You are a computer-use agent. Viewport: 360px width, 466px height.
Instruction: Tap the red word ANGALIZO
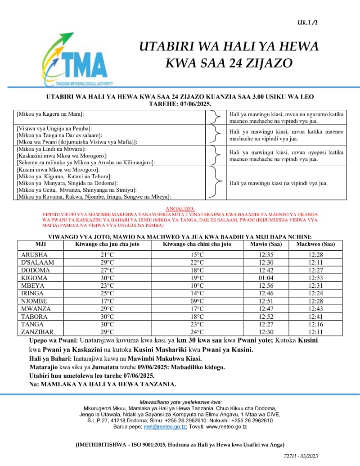click(x=180, y=209)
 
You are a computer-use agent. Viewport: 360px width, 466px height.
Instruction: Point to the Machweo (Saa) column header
click(x=315, y=244)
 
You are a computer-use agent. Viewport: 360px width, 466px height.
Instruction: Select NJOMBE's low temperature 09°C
click(x=197, y=301)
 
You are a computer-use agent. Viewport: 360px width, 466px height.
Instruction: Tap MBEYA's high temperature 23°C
click(x=107, y=285)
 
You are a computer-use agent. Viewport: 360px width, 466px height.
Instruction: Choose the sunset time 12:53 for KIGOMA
click(x=315, y=278)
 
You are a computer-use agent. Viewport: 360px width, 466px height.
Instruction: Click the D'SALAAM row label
click(x=38, y=262)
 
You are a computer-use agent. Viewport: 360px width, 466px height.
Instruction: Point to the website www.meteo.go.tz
click(x=226, y=426)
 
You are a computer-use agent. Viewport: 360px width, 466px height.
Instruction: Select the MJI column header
click(x=40, y=244)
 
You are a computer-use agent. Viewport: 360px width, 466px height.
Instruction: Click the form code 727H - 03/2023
click(x=301, y=456)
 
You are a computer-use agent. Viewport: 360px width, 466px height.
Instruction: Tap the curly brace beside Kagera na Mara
click(x=216, y=118)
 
